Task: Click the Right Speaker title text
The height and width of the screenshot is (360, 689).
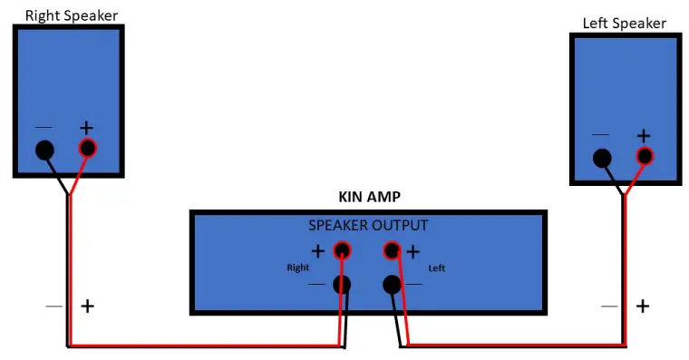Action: pos(71,15)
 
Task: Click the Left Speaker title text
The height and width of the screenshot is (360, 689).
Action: pos(625,23)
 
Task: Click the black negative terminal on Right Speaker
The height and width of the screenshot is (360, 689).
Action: pos(44,151)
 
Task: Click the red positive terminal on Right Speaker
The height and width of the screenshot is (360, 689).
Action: pos(87,149)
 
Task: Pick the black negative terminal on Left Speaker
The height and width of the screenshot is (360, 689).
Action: pos(602,159)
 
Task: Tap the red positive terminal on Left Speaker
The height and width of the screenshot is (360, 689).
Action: pos(645,157)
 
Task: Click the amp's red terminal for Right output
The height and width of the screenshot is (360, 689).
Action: pos(343,250)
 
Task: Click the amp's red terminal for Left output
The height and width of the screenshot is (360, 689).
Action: pos(393,250)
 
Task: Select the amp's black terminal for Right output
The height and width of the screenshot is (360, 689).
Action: pos(343,285)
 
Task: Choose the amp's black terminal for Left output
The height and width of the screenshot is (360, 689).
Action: pos(393,285)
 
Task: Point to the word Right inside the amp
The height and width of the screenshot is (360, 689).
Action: pos(297,268)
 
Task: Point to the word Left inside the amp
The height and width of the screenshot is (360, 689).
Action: pos(436,268)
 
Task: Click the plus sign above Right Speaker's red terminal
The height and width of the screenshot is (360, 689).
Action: pos(87,129)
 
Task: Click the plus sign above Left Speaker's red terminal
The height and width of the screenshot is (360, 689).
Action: pos(644,136)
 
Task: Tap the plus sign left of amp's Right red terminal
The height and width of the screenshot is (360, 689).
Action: pos(318,251)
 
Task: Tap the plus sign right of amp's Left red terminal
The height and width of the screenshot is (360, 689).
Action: pos(413,251)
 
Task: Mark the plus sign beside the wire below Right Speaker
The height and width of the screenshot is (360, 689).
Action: pos(87,306)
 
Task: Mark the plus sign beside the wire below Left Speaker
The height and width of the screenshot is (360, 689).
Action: pos(643,306)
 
